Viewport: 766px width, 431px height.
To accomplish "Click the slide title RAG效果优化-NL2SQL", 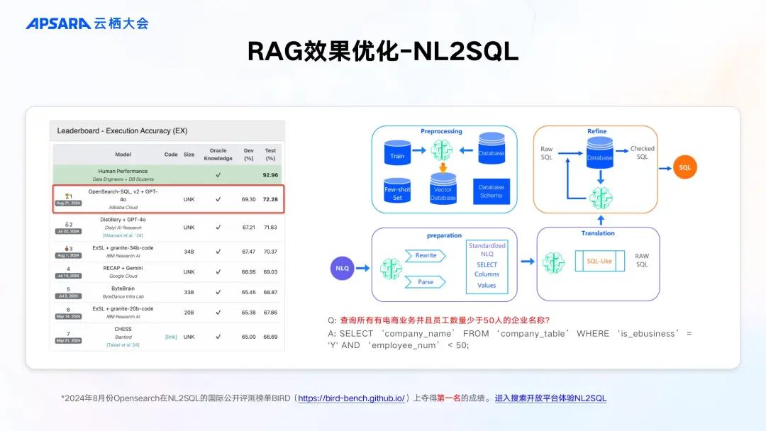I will tap(383, 51).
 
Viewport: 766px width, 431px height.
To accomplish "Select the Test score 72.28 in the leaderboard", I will tap(270, 200).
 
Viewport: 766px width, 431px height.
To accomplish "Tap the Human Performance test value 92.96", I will tap(270, 174).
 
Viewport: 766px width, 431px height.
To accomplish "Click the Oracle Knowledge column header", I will tap(218, 155).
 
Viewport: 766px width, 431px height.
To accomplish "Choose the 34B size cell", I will tap(189, 251).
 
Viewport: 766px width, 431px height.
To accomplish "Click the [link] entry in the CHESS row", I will tap(171, 337).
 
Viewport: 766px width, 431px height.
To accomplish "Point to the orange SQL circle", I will tap(684, 167).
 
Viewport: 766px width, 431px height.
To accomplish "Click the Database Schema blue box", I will tap(491, 191).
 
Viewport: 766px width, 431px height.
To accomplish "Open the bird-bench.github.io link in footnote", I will tap(351, 398).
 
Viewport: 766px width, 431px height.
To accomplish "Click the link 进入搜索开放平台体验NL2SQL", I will tap(550, 398).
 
